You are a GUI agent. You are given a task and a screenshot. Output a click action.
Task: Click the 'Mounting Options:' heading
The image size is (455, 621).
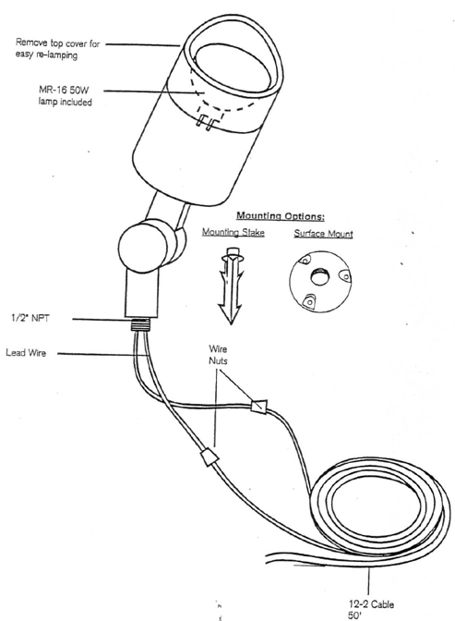281,216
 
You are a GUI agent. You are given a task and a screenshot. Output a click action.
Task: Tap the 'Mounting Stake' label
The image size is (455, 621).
233,232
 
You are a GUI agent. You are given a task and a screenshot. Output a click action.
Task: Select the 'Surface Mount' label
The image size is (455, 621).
323,234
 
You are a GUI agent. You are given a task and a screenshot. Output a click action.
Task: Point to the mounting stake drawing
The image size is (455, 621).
231,286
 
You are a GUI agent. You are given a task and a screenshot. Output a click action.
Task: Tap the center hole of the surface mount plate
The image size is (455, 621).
319,276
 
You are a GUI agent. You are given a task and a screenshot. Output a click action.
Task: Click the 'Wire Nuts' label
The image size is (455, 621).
218,355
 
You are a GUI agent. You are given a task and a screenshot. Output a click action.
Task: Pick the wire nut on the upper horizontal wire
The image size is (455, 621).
259,406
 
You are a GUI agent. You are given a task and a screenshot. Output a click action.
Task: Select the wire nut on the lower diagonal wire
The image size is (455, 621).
210,457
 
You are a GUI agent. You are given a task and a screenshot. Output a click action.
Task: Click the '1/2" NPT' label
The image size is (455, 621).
30,318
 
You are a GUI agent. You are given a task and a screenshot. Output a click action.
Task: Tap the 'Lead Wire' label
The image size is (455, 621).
26,352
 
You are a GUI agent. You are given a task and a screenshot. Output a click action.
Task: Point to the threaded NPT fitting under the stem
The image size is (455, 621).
140,324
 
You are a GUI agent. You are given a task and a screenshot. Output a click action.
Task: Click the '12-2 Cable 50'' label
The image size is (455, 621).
371,610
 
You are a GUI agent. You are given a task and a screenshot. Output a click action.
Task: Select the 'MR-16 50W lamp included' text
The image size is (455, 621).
65,96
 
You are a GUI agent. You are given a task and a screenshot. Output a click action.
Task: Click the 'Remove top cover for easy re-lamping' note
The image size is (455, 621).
58,49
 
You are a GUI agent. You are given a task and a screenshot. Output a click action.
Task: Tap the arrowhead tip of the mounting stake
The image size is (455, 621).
231,324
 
